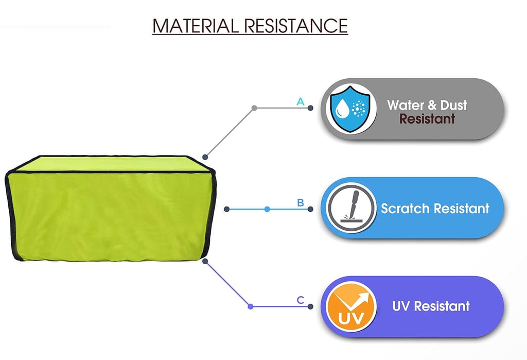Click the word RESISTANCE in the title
point(296,26)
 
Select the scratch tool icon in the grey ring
point(351,208)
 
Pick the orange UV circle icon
point(351,306)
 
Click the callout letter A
point(300,101)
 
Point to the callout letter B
point(301,202)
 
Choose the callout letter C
point(301,300)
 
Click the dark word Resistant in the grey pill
point(427,119)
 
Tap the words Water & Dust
point(427,105)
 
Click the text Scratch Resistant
point(435,208)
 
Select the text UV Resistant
point(431,306)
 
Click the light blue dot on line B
point(267,209)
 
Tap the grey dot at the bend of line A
point(254,108)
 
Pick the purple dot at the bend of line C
point(251,306)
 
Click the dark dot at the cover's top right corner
point(205,157)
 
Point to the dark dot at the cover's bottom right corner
point(205,261)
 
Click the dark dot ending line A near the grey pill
point(310,108)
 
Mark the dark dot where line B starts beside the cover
point(226,209)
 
